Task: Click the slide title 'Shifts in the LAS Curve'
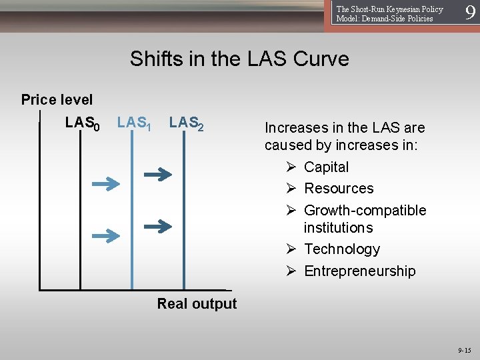point(239,59)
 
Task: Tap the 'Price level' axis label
point(57,100)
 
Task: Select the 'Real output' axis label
point(197,304)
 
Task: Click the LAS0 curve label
point(82,123)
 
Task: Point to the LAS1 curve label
point(134,123)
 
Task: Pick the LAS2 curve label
point(186,123)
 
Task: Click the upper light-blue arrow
point(105,185)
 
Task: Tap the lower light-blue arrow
point(105,235)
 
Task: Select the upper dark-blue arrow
point(158,175)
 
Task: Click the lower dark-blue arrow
point(158,226)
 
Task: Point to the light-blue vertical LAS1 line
point(131,220)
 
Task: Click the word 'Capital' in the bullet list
point(326,167)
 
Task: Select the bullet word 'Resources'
point(339,189)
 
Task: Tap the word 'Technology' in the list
point(342,249)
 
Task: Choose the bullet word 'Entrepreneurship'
point(359,271)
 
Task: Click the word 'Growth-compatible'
point(365,211)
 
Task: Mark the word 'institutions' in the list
point(338,228)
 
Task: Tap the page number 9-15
point(464,350)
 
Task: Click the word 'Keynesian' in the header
point(401,9)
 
